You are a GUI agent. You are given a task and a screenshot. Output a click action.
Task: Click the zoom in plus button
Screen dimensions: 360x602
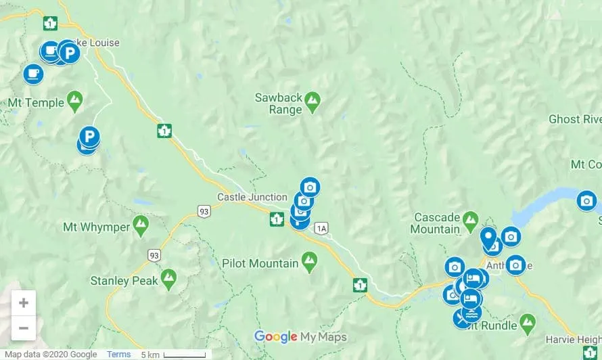(x=23, y=302)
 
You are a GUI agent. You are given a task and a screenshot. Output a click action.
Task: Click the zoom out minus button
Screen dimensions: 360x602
(x=23, y=328)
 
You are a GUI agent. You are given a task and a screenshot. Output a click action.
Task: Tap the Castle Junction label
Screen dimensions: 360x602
(x=252, y=197)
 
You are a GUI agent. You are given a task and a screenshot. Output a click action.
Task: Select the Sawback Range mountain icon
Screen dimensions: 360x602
(x=312, y=102)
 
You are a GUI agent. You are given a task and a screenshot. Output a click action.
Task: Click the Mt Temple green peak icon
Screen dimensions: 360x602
(x=75, y=101)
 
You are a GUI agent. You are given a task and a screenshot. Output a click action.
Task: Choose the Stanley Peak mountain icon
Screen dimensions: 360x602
(x=168, y=278)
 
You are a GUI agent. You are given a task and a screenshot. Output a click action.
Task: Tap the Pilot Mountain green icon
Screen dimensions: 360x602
(x=309, y=261)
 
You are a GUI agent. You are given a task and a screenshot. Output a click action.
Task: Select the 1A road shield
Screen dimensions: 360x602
(x=321, y=228)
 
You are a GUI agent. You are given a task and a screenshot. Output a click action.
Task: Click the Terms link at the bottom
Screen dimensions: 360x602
(x=118, y=355)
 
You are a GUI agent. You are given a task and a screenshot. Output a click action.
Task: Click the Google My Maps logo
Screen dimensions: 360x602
(x=300, y=336)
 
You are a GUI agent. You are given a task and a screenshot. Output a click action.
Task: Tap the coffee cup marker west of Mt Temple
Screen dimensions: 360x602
(x=33, y=73)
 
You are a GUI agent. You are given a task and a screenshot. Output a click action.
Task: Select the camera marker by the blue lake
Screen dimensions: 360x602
(x=586, y=200)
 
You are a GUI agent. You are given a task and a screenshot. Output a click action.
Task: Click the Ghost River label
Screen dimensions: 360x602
(x=575, y=119)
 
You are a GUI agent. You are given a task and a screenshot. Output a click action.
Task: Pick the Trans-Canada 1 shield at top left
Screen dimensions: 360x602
(x=49, y=24)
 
